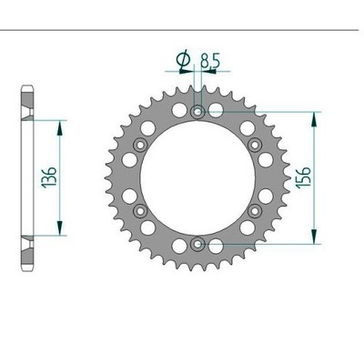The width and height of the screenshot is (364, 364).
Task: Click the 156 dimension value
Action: [304, 177]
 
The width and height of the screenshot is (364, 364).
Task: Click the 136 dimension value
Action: [49, 177]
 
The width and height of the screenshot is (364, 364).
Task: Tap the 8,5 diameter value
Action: [210, 60]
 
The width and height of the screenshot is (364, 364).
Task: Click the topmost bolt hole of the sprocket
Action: [197, 112]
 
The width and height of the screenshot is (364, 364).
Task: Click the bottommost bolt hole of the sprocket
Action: [197, 243]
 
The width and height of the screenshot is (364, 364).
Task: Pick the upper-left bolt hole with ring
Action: [140, 145]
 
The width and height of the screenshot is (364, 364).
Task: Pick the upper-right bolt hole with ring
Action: [255, 145]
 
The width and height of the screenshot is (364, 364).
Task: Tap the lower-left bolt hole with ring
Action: [140, 210]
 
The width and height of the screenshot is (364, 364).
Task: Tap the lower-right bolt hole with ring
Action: [255, 210]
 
